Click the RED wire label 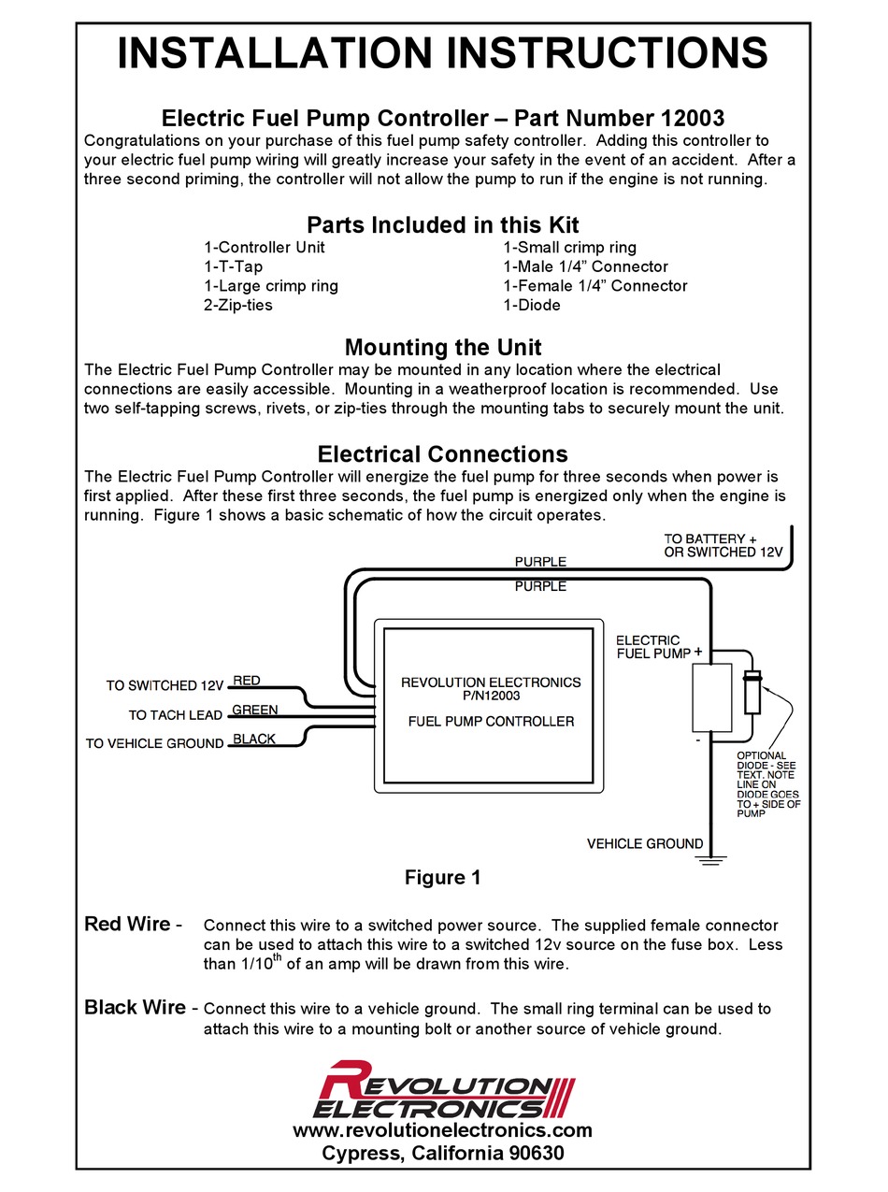247,681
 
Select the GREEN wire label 254,710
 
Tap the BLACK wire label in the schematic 253,739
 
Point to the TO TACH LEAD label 175,715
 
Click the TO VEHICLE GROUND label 154,744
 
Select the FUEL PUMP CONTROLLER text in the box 491,721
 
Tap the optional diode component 750,693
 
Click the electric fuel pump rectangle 711,697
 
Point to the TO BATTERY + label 710,539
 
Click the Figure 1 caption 442,877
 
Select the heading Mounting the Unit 443,348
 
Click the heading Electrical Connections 443,454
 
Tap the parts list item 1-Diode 532,306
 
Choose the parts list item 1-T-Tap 233,266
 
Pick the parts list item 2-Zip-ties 238,306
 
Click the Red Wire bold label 127,925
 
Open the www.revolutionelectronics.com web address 442,1130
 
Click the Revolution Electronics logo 443,1089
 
